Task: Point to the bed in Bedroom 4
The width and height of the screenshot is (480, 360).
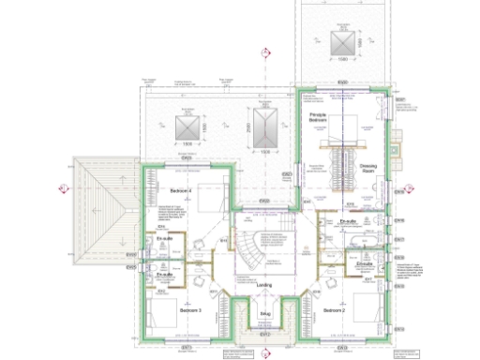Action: click(210, 197)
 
